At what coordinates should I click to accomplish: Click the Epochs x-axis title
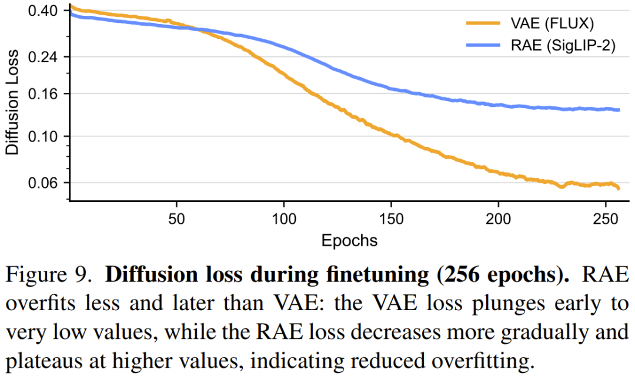coord(349,240)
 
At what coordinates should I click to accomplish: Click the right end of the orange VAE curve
coord(619,189)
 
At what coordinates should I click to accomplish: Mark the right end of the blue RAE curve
coord(619,110)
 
